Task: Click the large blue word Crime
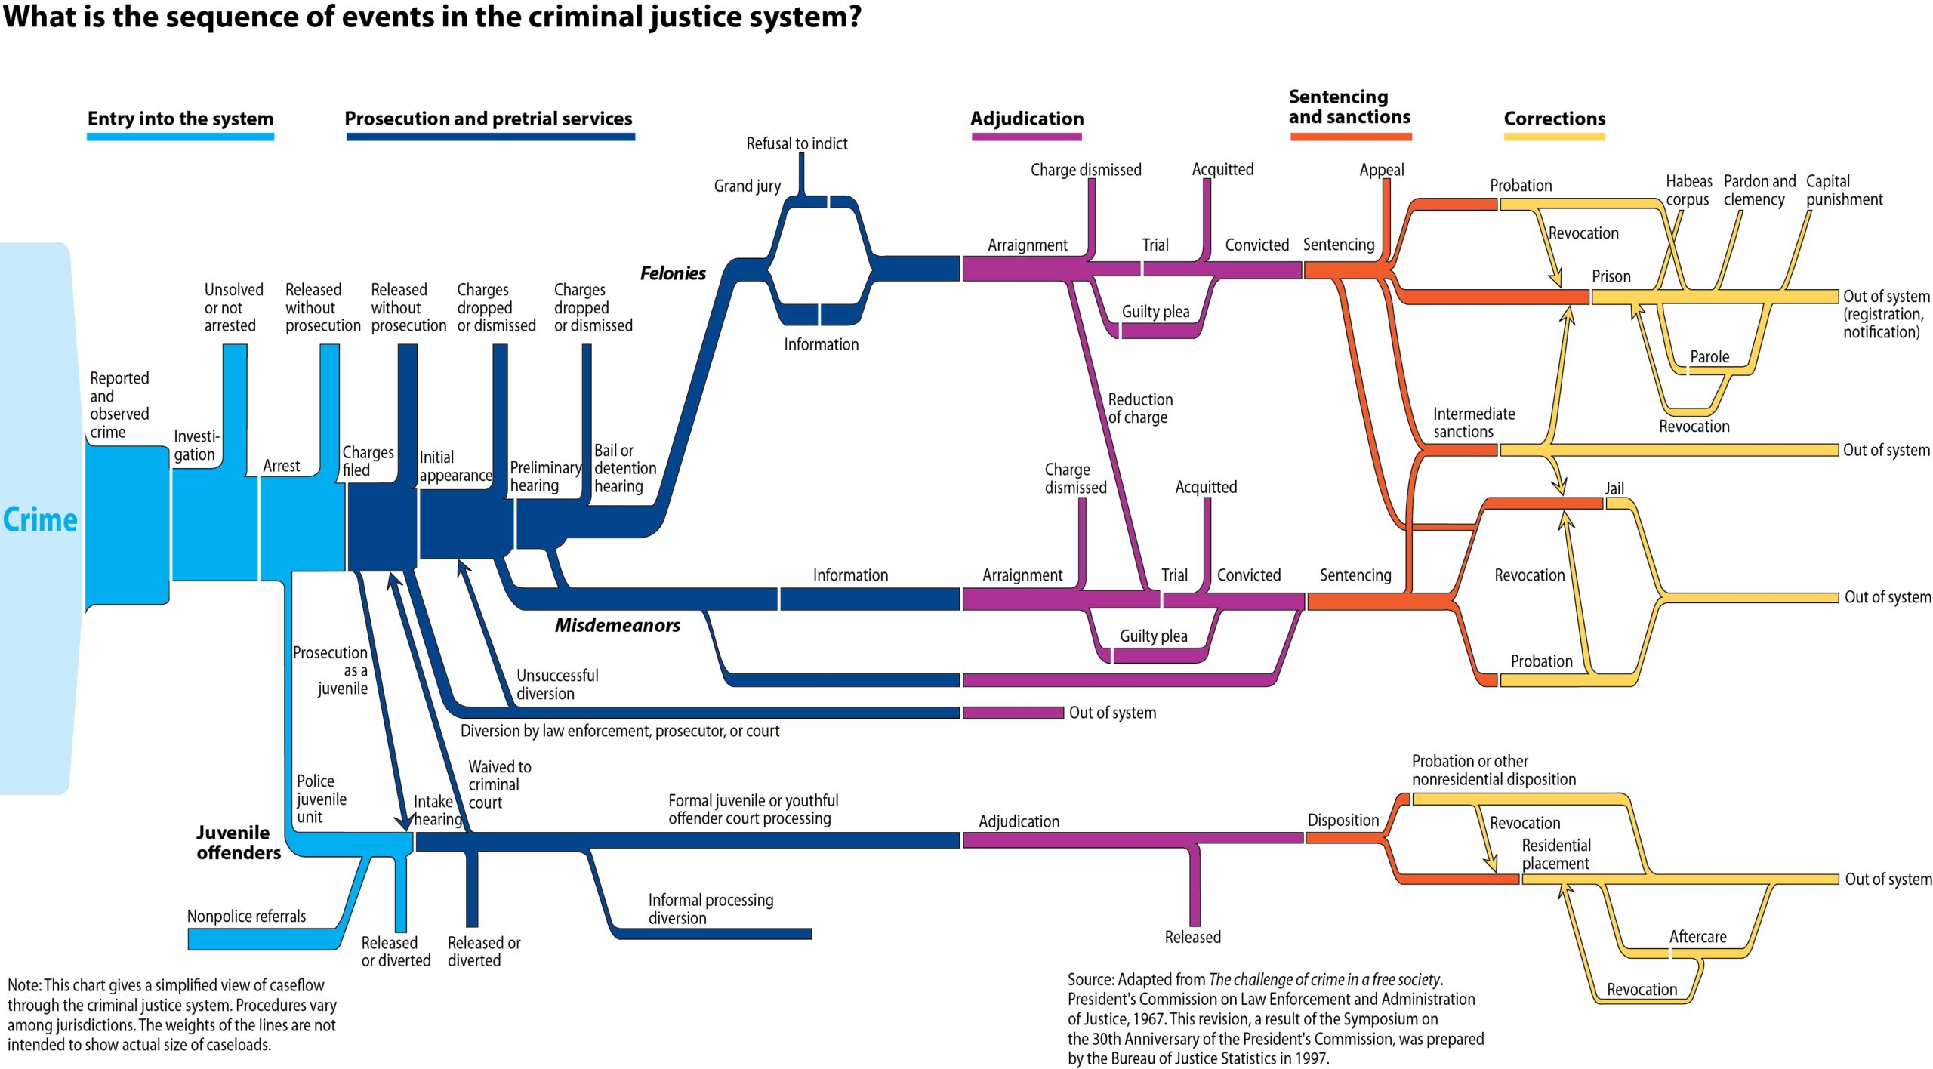(40, 520)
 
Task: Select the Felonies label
(673, 273)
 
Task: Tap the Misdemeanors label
(617, 625)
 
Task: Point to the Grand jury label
(747, 186)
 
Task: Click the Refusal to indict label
(797, 143)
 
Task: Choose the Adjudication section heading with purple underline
(1026, 119)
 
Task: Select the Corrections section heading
(1554, 119)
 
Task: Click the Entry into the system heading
(180, 119)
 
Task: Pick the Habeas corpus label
(1688, 190)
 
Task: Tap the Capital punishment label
(1843, 190)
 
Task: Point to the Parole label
(1709, 356)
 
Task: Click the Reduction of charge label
(1139, 408)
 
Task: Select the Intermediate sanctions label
(1473, 423)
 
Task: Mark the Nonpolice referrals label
(246, 916)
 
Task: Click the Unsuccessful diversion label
(556, 684)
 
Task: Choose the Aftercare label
(1697, 936)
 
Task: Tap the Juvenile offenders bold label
(238, 843)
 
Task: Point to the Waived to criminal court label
(499, 784)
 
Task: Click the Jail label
(1614, 488)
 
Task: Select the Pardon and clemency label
(1759, 190)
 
